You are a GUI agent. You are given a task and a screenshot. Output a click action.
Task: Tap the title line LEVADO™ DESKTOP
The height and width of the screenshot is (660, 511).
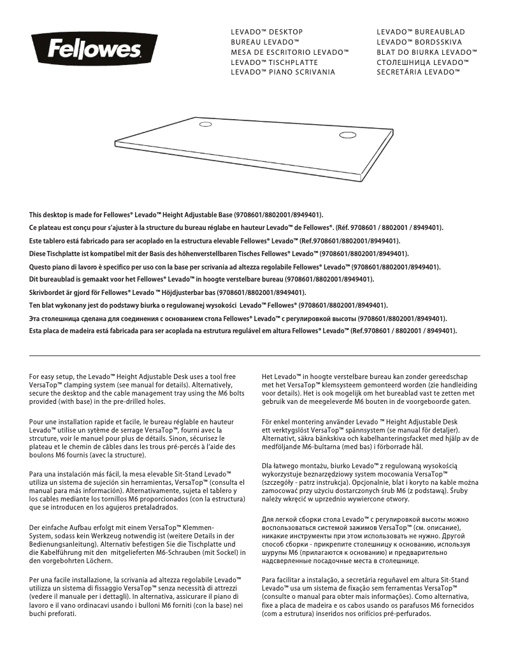click(266, 32)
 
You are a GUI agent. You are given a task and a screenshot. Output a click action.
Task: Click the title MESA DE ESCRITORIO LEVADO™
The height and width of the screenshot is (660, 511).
click(290, 52)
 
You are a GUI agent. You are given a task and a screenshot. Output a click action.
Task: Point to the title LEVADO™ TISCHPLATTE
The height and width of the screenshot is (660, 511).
click(274, 62)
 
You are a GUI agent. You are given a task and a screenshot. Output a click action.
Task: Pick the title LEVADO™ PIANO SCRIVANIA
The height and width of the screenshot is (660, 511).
click(283, 73)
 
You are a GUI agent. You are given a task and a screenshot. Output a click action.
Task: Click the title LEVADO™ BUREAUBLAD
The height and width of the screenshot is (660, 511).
click(421, 32)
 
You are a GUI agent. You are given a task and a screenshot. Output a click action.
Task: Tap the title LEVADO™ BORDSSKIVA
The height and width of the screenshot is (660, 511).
click(419, 42)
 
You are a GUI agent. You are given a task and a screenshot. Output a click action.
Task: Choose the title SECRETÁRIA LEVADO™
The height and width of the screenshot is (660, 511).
click(418, 73)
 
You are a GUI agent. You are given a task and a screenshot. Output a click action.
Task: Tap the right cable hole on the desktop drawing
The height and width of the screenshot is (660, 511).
click(348, 134)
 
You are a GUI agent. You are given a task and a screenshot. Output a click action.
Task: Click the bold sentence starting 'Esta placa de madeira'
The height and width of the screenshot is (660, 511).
click(243, 331)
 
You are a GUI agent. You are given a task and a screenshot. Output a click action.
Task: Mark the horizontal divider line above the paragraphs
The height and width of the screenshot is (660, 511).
click(255, 355)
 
